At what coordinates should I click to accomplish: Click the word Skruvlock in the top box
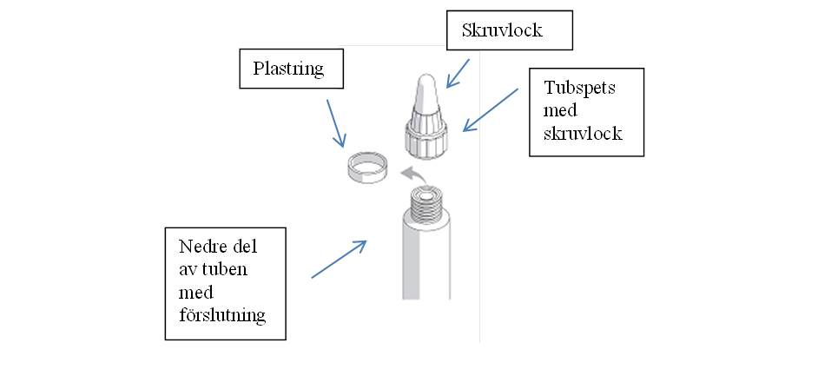(x=502, y=30)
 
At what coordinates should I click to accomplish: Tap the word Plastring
(x=288, y=69)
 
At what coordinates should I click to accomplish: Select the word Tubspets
(x=579, y=88)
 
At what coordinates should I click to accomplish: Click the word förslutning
(x=222, y=314)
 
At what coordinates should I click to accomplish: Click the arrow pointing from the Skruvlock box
(x=458, y=73)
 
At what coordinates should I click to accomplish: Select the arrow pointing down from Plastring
(x=336, y=123)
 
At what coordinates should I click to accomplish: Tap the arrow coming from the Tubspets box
(x=491, y=110)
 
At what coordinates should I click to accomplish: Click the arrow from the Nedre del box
(x=339, y=259)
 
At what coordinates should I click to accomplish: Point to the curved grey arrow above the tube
(x=415, y=175)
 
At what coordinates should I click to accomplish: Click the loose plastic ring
(x=368, y=168)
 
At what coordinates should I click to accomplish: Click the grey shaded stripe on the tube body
(x=411, y=263)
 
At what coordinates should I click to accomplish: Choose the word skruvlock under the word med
(x=583, y=133)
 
